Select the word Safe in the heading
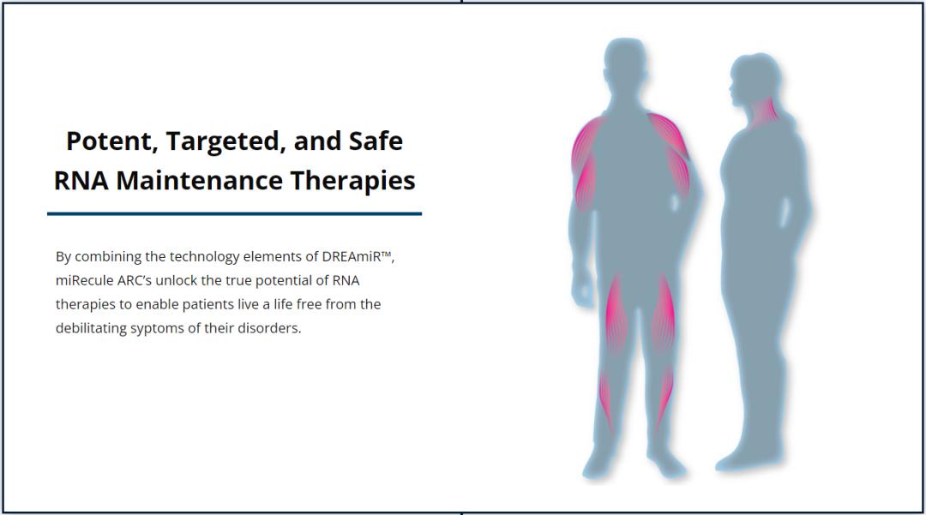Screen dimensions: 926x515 click(376, 141)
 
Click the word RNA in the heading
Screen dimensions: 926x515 click(81, 181)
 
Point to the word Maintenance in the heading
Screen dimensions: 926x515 click(199, 181)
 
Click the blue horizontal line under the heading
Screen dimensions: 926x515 click(234, 213)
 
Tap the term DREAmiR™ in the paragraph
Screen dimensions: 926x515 click(358, 256)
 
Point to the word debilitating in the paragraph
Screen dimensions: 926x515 click(91, 328)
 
